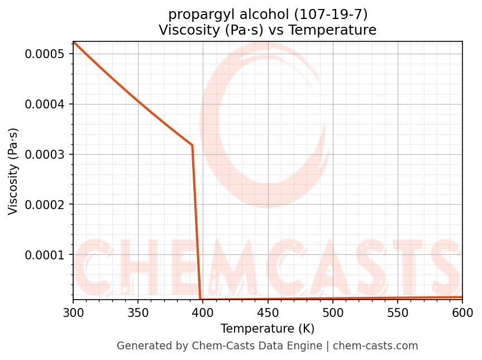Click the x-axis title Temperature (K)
coord(268,329)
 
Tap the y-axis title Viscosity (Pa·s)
coord(13,171)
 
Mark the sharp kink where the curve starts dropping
coord(192,145)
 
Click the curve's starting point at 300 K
coord(73,42)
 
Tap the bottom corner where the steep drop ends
coord(201,299)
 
